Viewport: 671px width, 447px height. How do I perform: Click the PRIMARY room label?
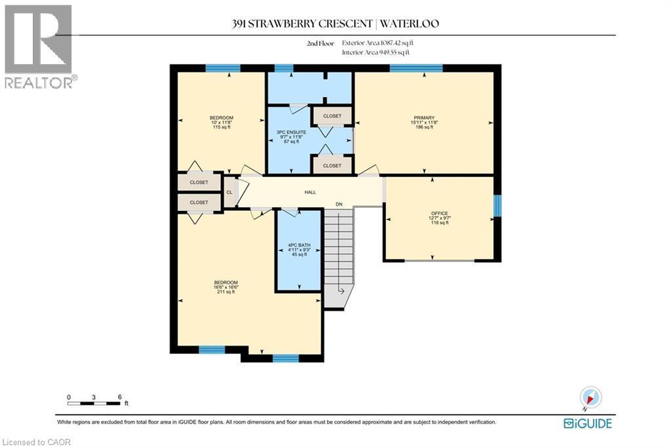(x=424, y=118)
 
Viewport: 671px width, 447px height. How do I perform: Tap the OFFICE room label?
(x=439, y=214)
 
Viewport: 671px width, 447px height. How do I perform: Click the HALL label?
(x=310, y=192)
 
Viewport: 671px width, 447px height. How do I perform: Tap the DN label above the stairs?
(x=339, y=204)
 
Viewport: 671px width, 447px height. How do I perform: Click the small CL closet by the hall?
(x=229, y=192)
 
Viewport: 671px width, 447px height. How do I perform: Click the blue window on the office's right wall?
(x=496, y=206)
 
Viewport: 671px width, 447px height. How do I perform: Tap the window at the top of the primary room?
(x=415, y=68)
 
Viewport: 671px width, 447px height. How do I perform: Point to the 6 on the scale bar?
(x=119, y=397)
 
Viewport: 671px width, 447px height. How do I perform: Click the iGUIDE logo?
(x=588, y=423)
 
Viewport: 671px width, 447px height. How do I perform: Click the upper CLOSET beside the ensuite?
(x=332, y=116)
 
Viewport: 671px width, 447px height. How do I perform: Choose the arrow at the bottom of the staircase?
(x=341, y=290)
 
